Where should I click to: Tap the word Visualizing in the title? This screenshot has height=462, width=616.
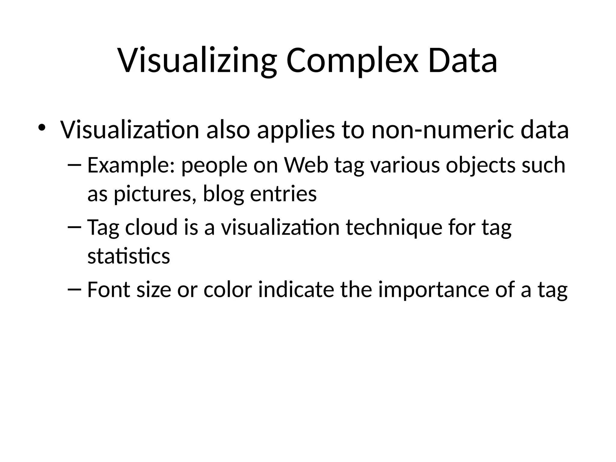(x=197, y=62)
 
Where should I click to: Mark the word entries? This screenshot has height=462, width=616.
(x=283, y=194)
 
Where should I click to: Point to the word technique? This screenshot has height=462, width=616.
(x=394, y=228)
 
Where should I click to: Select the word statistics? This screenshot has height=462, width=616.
(x=129, y=256)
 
